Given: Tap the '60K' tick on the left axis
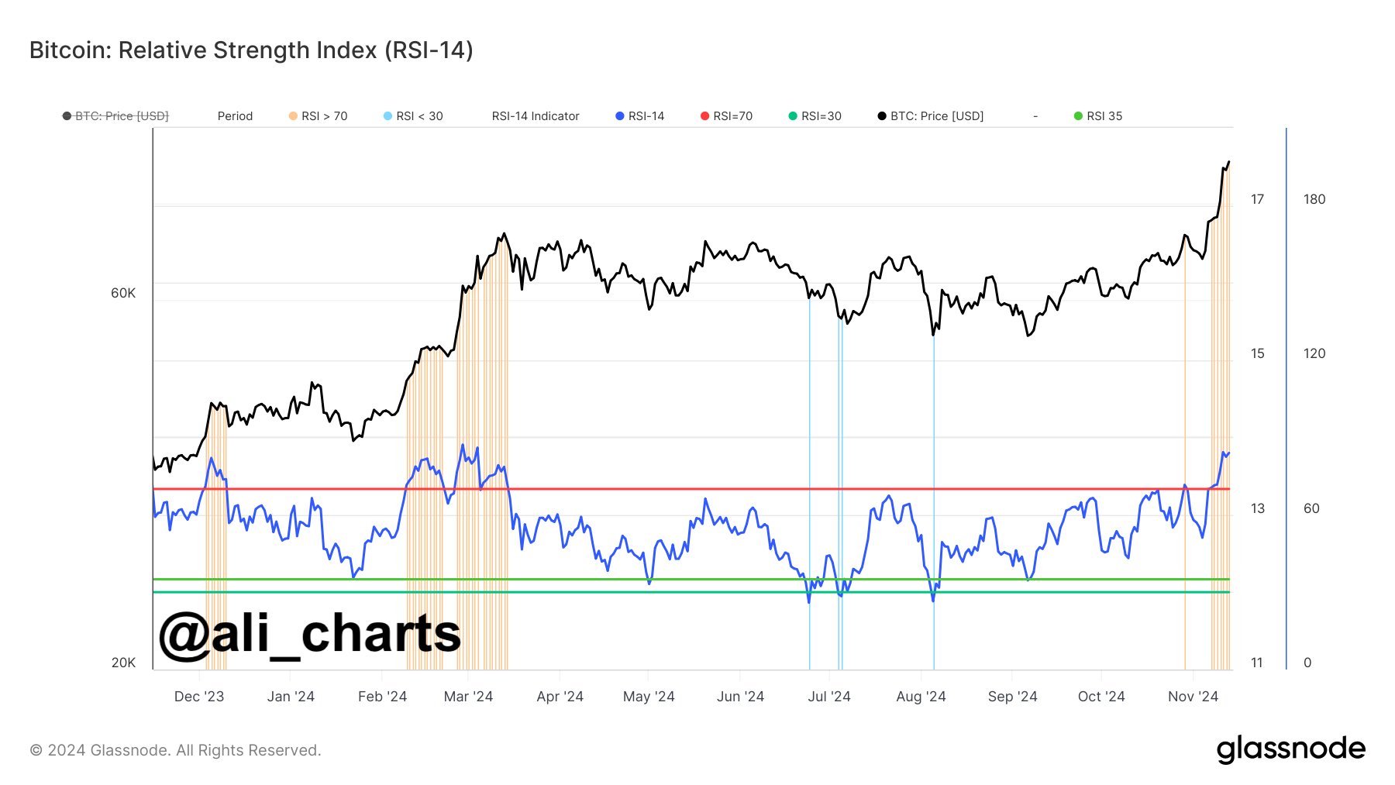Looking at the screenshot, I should (x=123, y=293).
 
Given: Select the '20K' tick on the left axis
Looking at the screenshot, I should (x=123, y=663).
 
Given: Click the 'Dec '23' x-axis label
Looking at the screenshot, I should (x=199, y=697).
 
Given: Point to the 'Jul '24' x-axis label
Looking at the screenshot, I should (x=829, y=697).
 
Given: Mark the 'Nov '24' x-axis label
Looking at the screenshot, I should (x=1193, y=697).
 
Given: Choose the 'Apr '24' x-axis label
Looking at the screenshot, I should (x=560, y=697).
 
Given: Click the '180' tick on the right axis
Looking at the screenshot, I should (x=1314, y=199).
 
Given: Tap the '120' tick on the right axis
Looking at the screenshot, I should (x=1314, y=353).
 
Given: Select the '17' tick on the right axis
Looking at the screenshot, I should (x=1257, y=199).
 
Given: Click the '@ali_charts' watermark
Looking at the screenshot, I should (x=310, y=635).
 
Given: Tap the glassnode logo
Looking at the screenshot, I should (x=1291, y=749).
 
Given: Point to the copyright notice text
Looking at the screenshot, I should (x=175, y=750).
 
